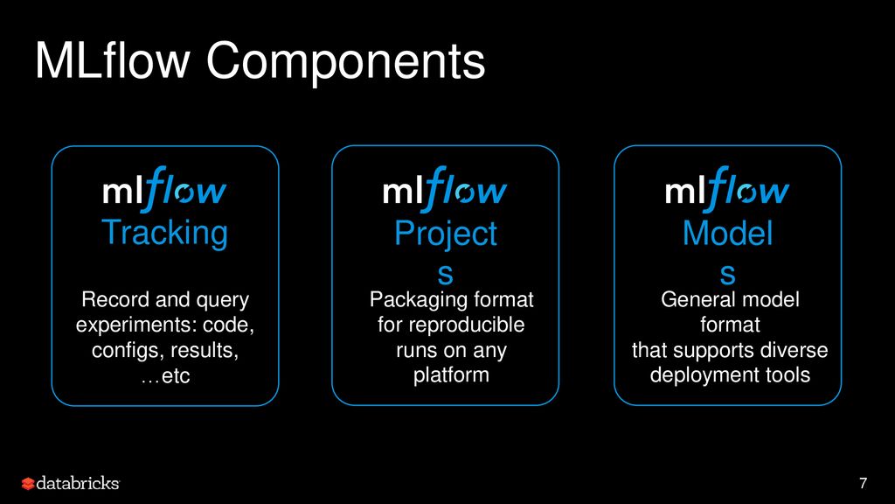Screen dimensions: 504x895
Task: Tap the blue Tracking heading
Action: pos(164,233)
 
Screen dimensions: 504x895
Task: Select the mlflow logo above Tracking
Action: pos(164,191)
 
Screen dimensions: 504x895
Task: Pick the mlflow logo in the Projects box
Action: pos(445,191)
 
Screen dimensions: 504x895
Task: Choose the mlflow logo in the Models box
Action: pos(727,191)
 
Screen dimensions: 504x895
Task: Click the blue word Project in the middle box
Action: pos(445,234)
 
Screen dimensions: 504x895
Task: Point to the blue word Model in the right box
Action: pos(727,234)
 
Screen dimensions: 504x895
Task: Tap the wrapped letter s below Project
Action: pos(445,274)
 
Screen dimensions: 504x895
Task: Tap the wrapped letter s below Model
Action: pos(727,274)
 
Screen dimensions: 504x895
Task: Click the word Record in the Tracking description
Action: pos(111,300)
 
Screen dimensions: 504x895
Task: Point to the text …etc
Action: pos(164,376)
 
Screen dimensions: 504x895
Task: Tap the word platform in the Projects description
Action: pos(451,375)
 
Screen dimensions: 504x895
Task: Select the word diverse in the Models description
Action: pos(791,350)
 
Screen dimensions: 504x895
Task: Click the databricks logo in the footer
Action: pos(71,483)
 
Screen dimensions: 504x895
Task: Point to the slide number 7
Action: pos(864,483)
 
